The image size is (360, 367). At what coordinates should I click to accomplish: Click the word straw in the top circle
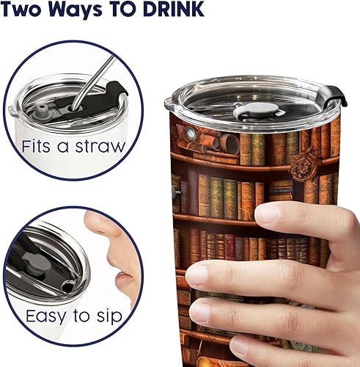pyautogui.click(x=100, y=145)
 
